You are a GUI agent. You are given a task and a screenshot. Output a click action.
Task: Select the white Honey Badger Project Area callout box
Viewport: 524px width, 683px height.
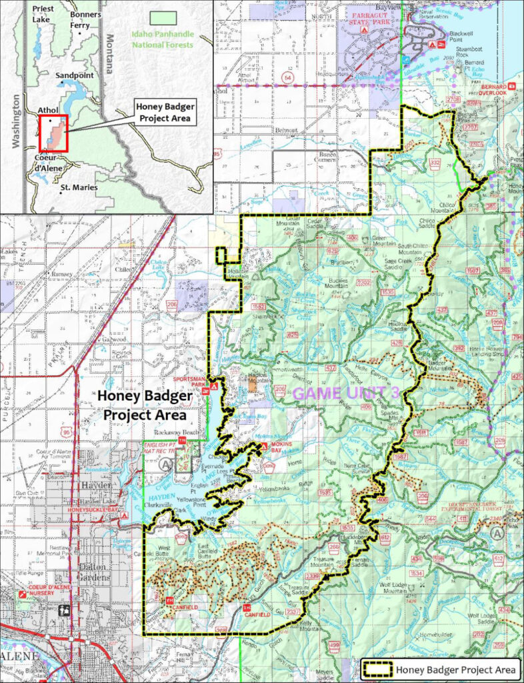pyautogui.click(x=164, y=113)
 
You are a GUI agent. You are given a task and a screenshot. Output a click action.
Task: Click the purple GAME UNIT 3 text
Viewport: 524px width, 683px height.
pyautogui.click(x=345, y=394)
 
